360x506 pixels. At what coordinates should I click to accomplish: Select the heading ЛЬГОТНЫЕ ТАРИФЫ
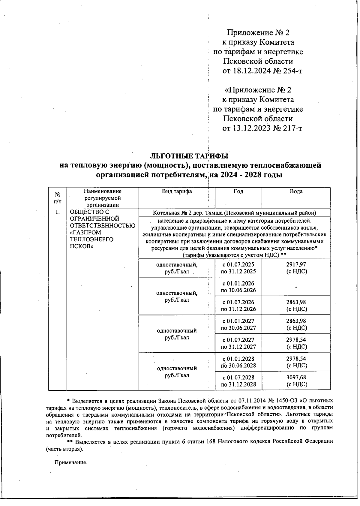point(189,156)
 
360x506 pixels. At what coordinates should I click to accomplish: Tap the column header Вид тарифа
point(177,191)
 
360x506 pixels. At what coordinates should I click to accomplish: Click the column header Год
point(238,191)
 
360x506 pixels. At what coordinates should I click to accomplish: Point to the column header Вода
point(296,191)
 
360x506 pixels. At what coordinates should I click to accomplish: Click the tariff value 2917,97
point(296,264)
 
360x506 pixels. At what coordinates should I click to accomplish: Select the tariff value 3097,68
point(296,378)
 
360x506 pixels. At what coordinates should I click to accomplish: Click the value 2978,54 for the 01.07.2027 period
point(296,340)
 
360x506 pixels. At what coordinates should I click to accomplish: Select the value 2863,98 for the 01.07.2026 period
point(296,302)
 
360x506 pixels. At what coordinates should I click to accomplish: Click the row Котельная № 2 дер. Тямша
point(234,213)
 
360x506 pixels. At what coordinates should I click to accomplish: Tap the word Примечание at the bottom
point(71,462)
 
